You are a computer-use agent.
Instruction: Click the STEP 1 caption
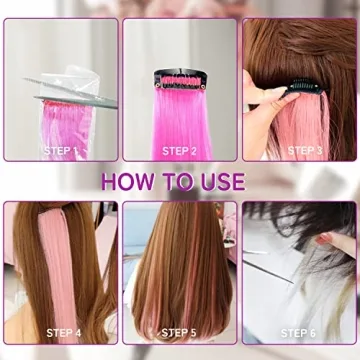tap(61, 150)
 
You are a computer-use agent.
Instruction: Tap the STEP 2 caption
tap(181, 150)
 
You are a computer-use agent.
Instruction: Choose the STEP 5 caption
tap(181, 332)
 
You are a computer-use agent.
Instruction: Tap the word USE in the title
tap(217, 182)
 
